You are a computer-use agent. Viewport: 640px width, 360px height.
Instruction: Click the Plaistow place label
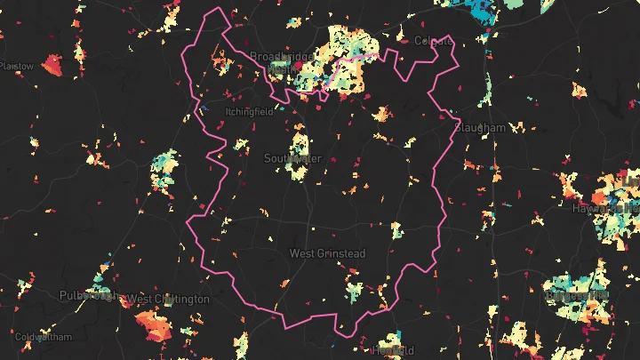17,67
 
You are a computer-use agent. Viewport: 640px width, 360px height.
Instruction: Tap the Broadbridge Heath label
281,61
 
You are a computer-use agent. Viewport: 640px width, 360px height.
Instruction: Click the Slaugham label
480,128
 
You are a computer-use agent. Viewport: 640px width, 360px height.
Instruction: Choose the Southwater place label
292,159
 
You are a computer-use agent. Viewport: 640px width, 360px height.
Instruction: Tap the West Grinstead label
327,254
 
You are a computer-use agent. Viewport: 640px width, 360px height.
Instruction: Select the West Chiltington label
169,299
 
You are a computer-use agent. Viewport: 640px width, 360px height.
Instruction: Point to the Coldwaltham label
43,338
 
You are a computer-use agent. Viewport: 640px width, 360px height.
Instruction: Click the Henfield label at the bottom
394,350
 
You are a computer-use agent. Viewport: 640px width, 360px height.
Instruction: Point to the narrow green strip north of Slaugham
489,84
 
